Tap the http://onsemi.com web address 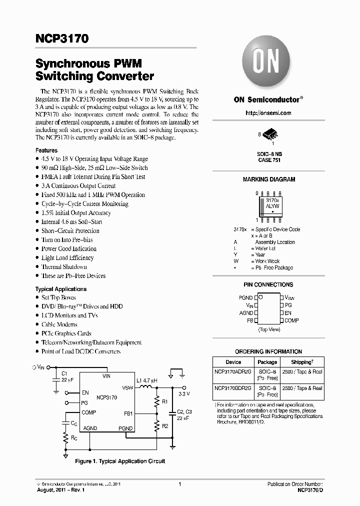[x=268, y=113]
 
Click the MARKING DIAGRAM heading [x=268, y=179]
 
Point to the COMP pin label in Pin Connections [x=291, y=320]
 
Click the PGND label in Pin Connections [x=245, y=297]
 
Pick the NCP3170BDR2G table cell [x=233, y=388]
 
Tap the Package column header [x=267, y=362]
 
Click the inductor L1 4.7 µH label [x=147, y=381]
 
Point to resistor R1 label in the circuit [x=165, y=401]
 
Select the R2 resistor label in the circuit [x=165, y=426]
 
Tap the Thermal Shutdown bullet [x=64, y=266]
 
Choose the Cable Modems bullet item [x=59, y=324]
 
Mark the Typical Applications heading [x=60, y=289]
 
